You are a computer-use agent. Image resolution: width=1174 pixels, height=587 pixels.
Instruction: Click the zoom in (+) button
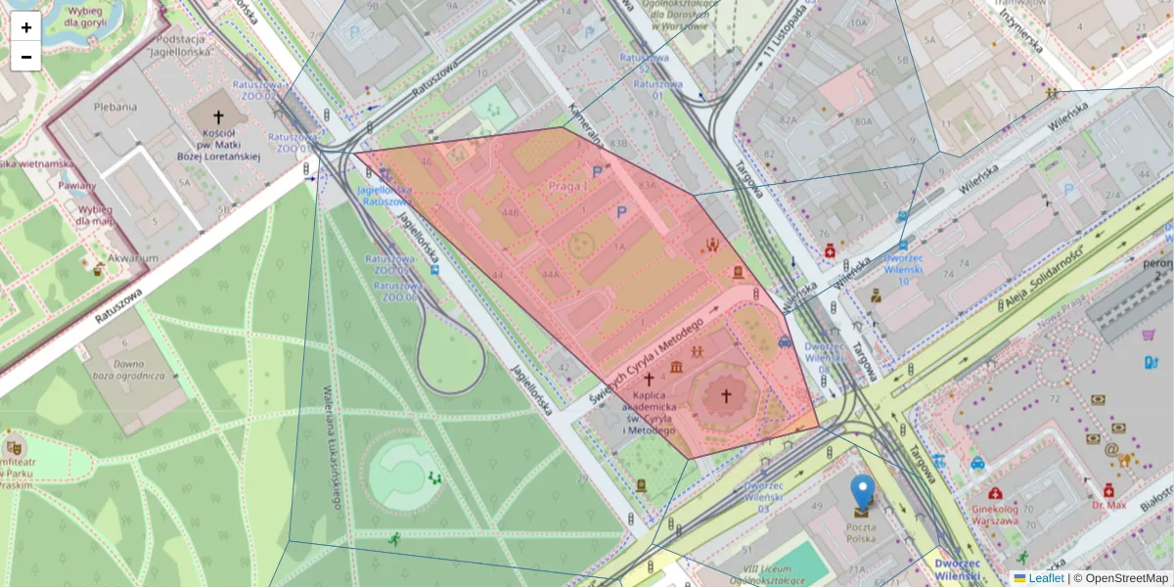tap(26, 27)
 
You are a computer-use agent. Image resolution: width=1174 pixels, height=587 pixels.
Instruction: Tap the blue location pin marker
tap(862, 492)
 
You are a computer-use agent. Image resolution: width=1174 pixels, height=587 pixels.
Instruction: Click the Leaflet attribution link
tap(1046, 578)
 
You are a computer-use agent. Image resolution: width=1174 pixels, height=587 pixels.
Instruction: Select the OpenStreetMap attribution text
tap(1125, 578)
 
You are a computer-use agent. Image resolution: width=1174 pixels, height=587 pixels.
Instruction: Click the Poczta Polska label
tap(862, 532)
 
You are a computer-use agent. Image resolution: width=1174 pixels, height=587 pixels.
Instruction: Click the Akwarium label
tap(134, 258)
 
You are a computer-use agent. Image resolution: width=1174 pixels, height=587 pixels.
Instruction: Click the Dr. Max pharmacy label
tap(1109, 506)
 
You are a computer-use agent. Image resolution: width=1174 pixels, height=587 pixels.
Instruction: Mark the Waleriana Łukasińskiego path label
tap(332, 446)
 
